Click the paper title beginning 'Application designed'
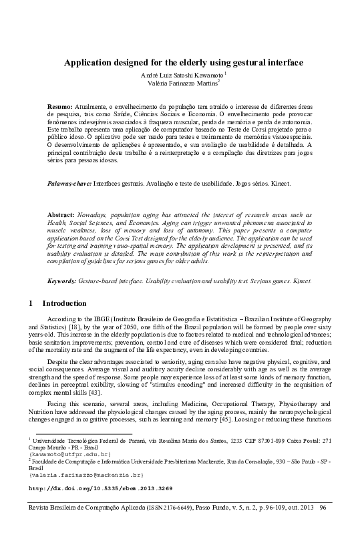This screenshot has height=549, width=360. [183, 63]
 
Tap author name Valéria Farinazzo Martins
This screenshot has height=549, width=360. [182, 83]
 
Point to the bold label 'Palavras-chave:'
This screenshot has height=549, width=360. [69, 182]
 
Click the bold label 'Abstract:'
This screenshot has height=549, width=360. [62, 214]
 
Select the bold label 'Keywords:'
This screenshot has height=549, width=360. [65, 281]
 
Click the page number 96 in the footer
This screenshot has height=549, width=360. [324, 528]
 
